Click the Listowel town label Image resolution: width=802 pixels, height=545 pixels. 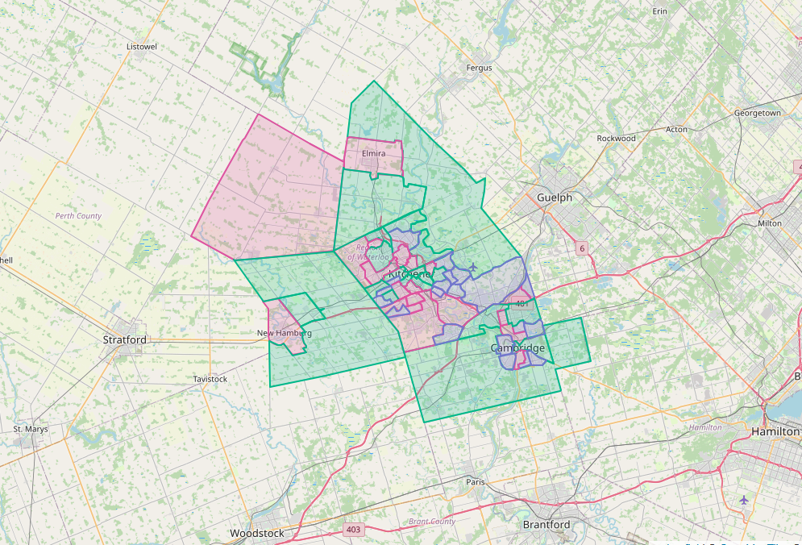(142, 47)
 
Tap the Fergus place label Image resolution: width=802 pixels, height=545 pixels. (479, 68)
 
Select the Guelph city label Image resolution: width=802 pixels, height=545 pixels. (555, 198)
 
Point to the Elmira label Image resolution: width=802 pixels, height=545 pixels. (374, 153)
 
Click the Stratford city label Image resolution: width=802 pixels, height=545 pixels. (125, 340)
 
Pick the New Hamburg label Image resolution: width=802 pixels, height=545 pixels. (285, 333)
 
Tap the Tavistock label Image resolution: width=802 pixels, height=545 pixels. (210, 379)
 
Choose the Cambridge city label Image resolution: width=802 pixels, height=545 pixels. (517, 348)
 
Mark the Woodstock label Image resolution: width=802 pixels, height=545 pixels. (257, 534)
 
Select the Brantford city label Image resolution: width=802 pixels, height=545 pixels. (546, 525)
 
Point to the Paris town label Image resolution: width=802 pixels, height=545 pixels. (476, 482)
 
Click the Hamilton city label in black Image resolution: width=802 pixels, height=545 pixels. (775, 432)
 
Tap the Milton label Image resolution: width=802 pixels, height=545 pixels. (770, 223)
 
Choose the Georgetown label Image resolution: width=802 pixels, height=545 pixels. (757, 114)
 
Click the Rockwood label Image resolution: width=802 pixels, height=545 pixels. (616, 139)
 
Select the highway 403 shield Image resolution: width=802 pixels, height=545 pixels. (352, 530)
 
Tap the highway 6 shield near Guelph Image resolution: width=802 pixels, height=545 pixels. (581, 248)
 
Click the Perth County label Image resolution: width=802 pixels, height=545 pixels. (78, 216)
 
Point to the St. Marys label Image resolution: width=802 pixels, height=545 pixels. (31, 429)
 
